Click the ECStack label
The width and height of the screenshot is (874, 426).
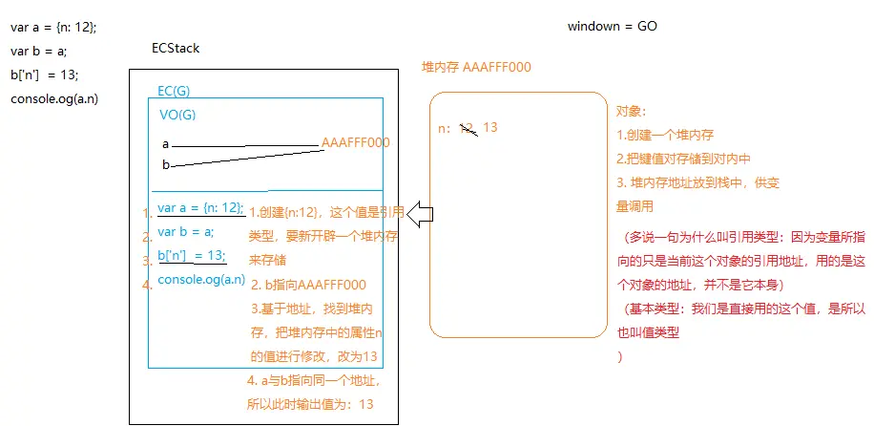176,49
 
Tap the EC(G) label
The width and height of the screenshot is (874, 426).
175,90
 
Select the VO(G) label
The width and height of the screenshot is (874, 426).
177,114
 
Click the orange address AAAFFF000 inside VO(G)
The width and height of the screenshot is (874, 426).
355,142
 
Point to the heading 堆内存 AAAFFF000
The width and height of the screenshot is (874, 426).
476,67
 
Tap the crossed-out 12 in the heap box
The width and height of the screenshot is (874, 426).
468,128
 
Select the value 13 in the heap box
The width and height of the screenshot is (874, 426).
490,128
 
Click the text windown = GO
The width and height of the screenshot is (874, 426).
612,27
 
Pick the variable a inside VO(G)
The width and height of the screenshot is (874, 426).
166,144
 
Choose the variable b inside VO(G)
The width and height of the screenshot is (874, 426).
166,165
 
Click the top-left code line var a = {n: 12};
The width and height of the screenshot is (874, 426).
53,27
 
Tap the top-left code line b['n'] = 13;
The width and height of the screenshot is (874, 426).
45,75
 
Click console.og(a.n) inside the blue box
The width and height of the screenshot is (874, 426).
200,278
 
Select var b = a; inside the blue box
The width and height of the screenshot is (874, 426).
185,231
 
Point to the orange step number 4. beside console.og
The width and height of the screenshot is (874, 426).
146,285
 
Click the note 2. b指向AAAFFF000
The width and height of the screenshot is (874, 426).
308,284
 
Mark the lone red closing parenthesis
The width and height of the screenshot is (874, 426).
620,357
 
